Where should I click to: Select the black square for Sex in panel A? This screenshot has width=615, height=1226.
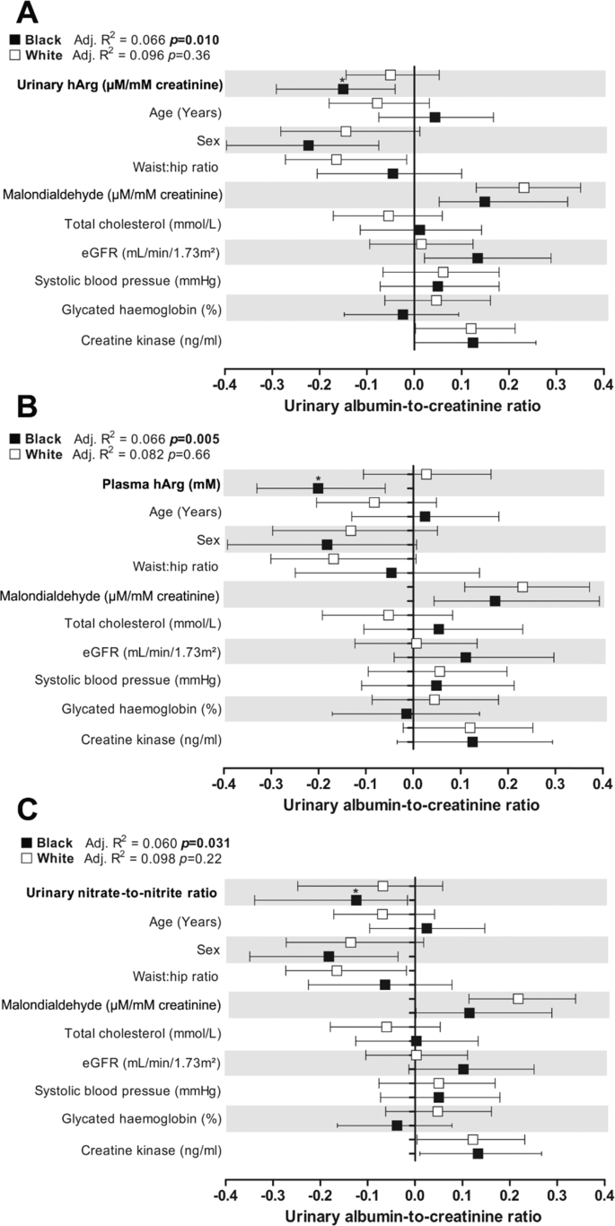click(x=309, y=145)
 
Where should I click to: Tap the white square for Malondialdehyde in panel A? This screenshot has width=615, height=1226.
click(x=523, y=188)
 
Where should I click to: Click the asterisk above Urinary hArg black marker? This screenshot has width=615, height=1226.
click(x=342, y=80)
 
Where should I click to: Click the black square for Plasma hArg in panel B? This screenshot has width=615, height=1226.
click(x=318, y=488)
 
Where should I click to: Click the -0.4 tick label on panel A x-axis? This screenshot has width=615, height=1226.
click(x=224, y=387)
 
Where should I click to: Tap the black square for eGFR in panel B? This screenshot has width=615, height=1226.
click(x=465, y=658)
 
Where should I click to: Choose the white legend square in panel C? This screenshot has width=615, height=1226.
click(x=13, y=858)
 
